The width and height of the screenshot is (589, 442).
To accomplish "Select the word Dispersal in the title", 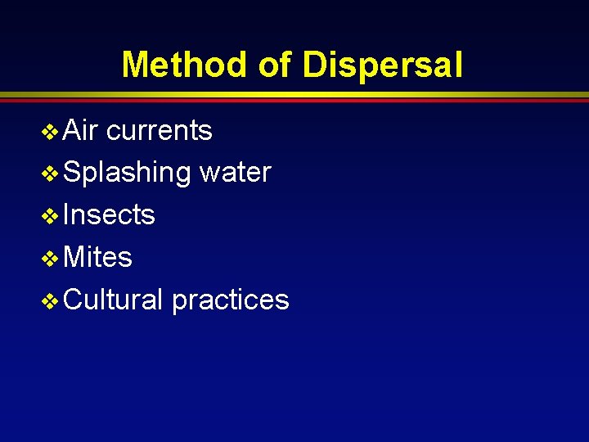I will [x=383, y=65].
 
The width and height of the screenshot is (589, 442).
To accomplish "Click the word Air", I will [x=81, y=130].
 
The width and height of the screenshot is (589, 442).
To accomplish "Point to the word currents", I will [x=160, y=130].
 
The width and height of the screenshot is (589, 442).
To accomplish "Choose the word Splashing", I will [x=127, y=173].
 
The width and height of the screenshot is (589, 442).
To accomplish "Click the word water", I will [x=236, y=173].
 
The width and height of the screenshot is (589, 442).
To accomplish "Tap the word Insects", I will [x=109, y=215].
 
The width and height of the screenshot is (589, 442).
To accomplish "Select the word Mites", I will [x=97, y=258].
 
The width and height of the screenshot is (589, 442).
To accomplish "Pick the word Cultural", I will [x=114, y=300].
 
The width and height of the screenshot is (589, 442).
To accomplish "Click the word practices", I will [x=231, y=300].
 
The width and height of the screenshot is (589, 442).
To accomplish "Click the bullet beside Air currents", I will [x=50, y=131].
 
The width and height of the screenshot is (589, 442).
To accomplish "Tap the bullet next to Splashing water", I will [x=50, y=174].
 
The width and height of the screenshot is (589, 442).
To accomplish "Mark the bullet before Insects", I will [x=50, y=216].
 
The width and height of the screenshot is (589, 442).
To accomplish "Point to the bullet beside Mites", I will [x=50, y=259].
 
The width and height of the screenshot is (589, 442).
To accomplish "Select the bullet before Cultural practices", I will [x=50, y=301].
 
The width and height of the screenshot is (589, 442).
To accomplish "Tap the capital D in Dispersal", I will [x=314, y=65].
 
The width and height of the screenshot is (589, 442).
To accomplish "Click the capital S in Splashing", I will [x=71, y=173].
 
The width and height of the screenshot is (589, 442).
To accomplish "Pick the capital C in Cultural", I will [x=73, y=300].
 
